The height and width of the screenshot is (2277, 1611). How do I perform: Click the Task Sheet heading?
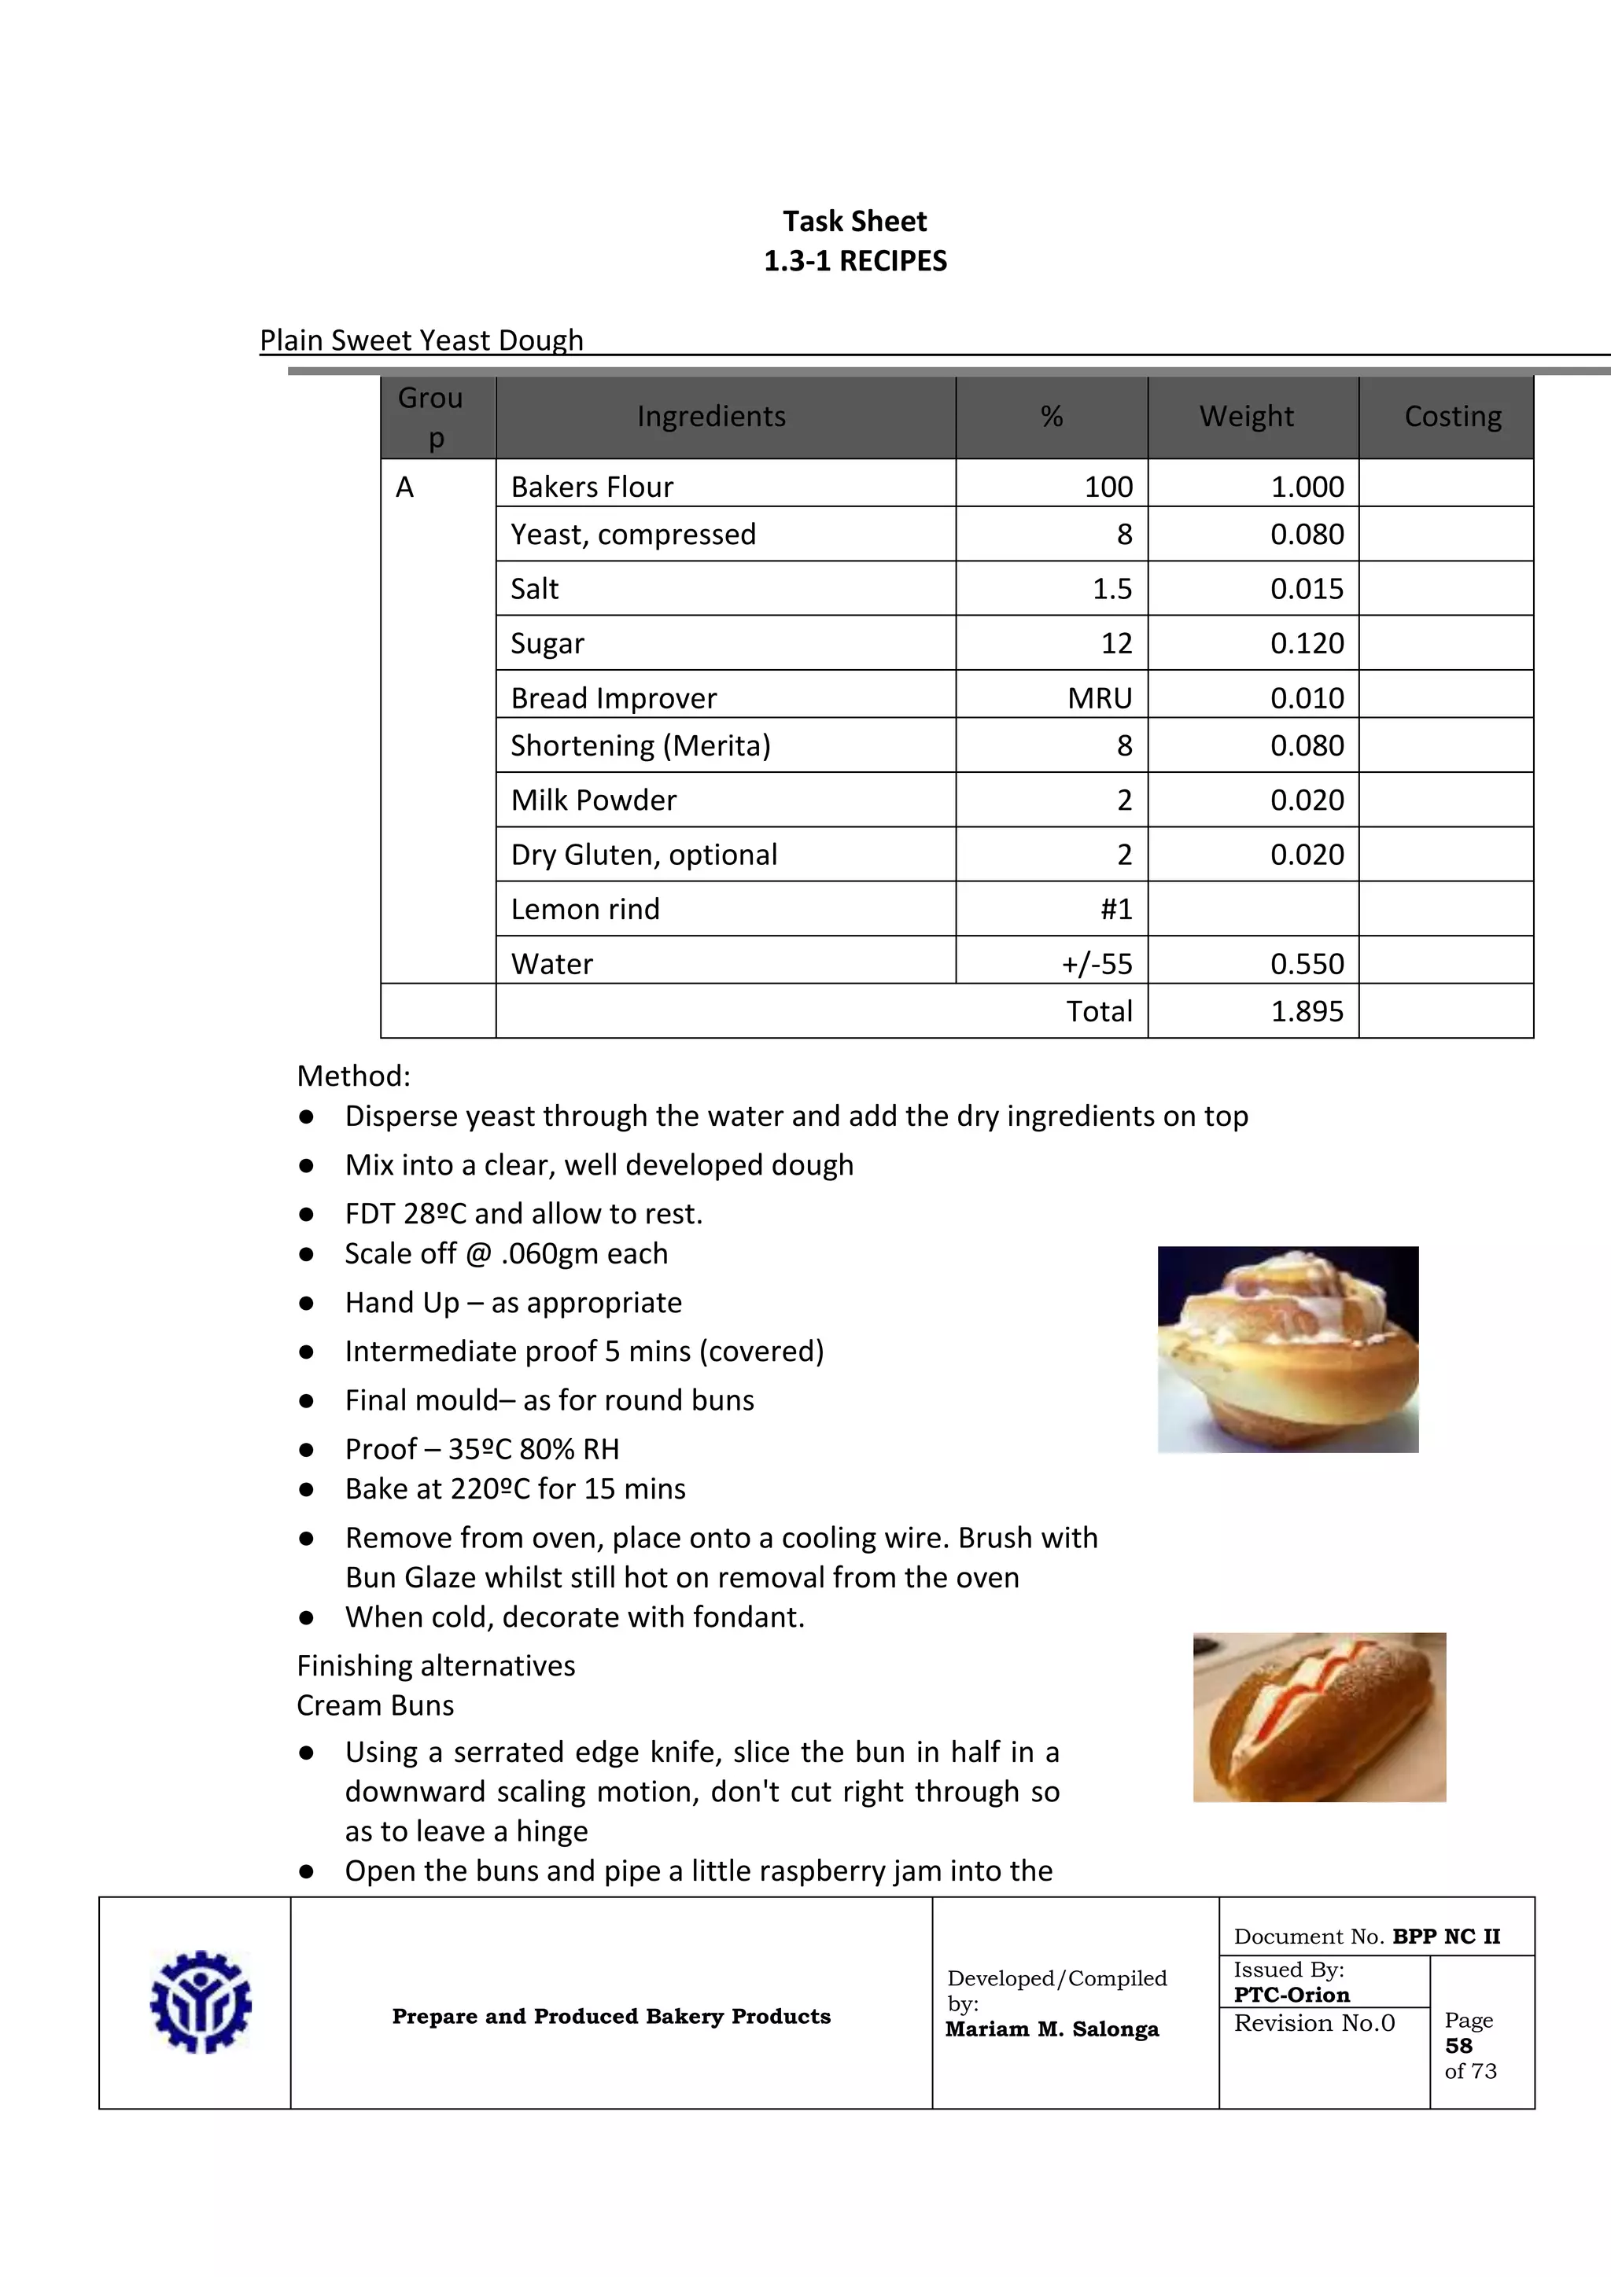tap(854, 221)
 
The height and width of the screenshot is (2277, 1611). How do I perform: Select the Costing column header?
tap(1452, 417)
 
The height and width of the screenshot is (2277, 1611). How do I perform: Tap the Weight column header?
tap(1246, 417)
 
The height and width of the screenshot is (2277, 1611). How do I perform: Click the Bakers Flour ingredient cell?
tap(592, 487)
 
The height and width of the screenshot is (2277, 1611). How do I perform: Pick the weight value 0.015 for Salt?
tap(1307, 589)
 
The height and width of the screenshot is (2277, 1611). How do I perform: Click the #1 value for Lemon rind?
tap(1116, 910)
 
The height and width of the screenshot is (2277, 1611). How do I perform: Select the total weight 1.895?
tap(1307, 1012)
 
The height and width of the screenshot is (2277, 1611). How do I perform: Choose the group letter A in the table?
tap(405, 487)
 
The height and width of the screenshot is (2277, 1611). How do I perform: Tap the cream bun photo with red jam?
tap(1318, 1716)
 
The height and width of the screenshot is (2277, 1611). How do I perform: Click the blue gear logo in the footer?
tap(201, 2003)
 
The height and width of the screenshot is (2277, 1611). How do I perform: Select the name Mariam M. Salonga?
tap(1052, 2029)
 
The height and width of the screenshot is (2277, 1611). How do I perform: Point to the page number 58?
tap(1458, 2046)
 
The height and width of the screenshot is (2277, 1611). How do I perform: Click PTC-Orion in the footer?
tap(1291, 1996)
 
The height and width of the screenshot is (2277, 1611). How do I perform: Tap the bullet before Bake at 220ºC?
tap(307, 1490)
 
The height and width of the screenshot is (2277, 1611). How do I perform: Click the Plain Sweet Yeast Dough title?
tap(421, 340)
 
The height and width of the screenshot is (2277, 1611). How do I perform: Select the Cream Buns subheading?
tap(375, 1705)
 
